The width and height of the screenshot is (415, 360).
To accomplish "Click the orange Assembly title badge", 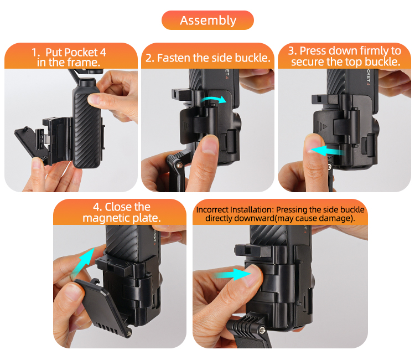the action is pyautogui.click(x=207, y=20).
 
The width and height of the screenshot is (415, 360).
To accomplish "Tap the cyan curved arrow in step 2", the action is pyautogui.click(x=214, y=99).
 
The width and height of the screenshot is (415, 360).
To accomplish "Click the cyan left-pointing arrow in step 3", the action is pyautogui.click(x=327, y=151).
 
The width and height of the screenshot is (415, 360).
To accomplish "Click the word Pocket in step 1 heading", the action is pyautogui.click(x=72, y=52).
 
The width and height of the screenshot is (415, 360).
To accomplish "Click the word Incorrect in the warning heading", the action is pyautogui.click(x=212, y=209).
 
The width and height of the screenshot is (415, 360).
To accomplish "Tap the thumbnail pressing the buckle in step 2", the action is pyautogui.click(x=210, y=145).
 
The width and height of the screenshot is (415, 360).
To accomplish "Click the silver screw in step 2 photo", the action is pyautogui.click(x=179, y=166).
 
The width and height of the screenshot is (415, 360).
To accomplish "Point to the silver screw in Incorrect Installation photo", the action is pyautogui.click(x=262, y=330).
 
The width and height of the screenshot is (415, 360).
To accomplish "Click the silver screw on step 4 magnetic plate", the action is pyautogui.click(x=129, y=333).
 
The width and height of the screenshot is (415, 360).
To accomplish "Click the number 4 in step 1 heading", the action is pyautogui.click(x=103, y=52).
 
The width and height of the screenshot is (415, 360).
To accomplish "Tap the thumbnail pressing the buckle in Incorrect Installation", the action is pyautogui.click(x=253, y=276).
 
